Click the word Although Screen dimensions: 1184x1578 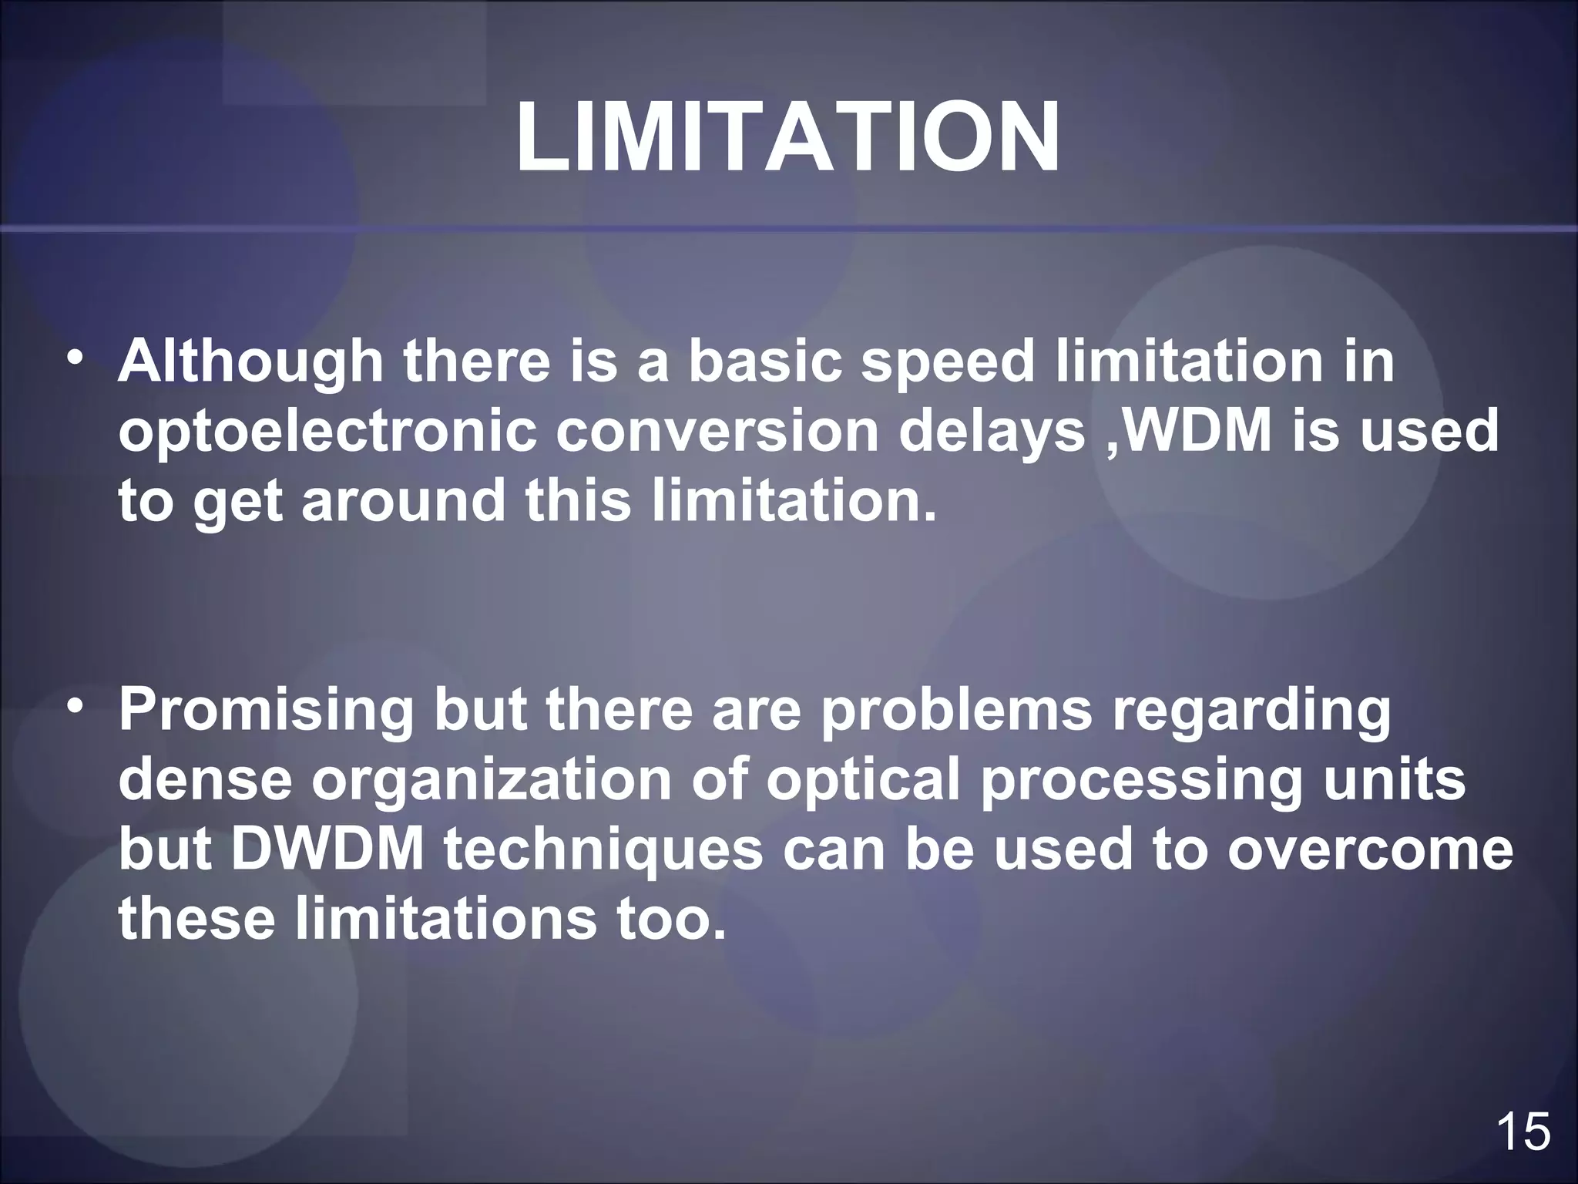point(250,362)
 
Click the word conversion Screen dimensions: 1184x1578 point(717,432)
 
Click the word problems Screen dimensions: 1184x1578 point(955,711)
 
